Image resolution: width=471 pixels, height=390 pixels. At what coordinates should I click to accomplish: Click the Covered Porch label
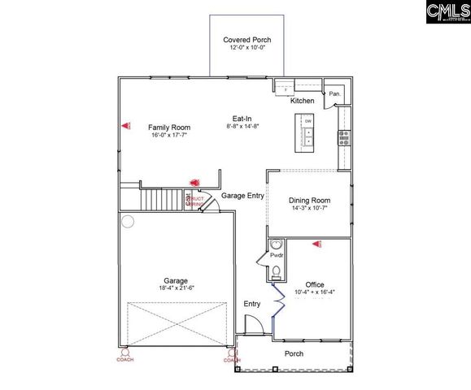246,40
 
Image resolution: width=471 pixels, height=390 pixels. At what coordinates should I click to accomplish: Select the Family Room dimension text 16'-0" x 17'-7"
169,135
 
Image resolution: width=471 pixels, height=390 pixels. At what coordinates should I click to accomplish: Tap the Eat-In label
241,119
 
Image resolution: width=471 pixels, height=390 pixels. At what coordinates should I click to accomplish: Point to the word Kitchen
303,101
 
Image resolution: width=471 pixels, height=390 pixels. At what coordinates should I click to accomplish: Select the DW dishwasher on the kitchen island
308,122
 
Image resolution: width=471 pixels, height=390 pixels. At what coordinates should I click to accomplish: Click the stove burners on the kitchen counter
344,136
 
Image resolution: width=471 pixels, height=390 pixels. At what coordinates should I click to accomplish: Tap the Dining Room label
309,200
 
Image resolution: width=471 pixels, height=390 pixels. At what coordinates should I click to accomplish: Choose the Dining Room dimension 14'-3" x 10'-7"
309,208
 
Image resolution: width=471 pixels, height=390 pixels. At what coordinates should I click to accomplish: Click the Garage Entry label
243,196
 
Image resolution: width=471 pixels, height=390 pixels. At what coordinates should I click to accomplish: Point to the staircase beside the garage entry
162,198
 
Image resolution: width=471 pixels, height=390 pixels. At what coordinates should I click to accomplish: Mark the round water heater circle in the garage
127,221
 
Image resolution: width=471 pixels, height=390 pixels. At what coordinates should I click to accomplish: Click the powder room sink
276,244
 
